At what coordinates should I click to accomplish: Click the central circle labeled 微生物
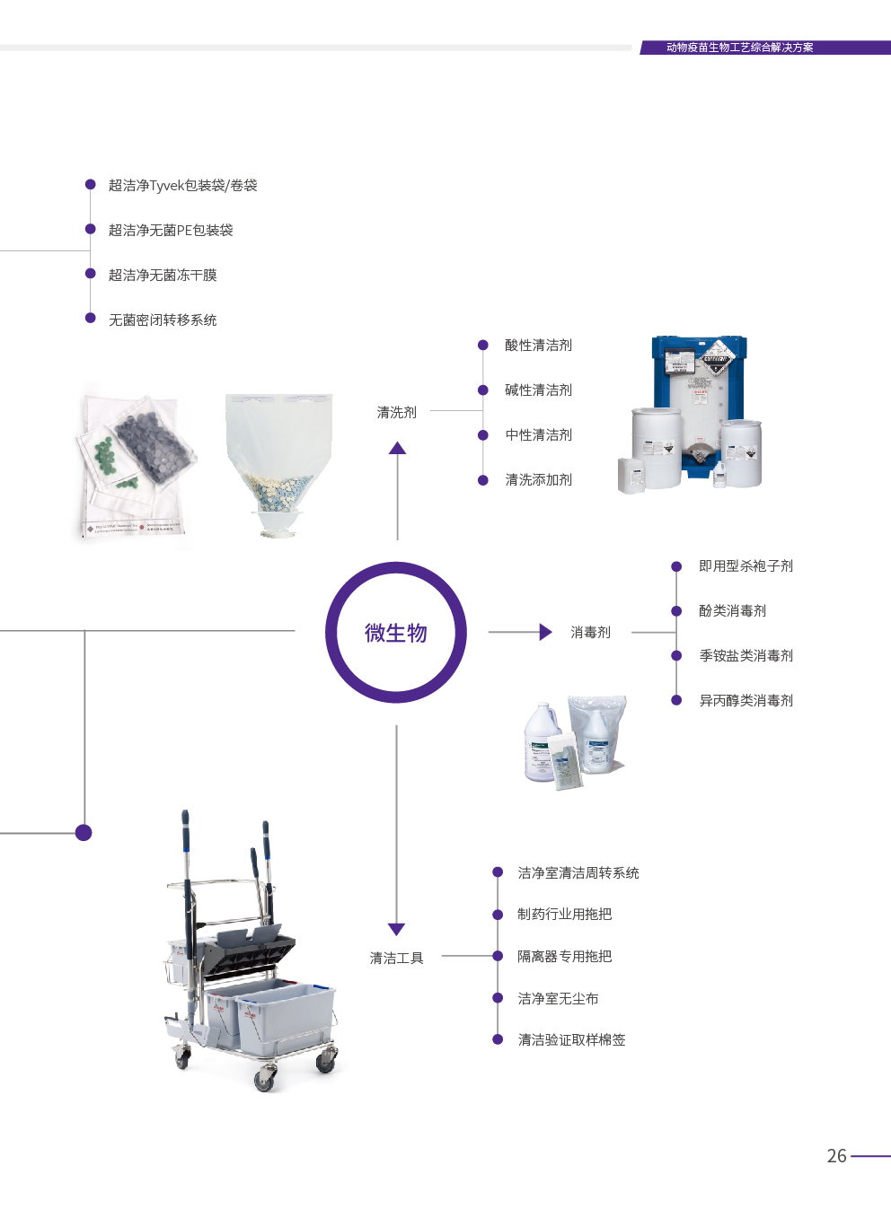[x=396, y=633]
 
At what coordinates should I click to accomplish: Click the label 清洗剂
[x=396, y=413]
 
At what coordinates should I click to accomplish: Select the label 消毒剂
[x=590, y=633]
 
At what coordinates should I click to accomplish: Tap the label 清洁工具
[x=396, y=959]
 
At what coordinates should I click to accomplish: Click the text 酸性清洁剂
[x=538, y=346]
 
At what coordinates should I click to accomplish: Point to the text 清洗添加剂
[x=538, y=480]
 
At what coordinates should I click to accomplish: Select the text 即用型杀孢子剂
[x=745, y=566]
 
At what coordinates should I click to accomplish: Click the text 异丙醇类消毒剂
[x=745, y=701]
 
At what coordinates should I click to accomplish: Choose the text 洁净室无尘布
[x=558, y=999]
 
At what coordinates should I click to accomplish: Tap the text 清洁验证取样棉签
[x=571, y=1040]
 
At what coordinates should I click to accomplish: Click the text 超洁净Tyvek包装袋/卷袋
[x=182, y=186]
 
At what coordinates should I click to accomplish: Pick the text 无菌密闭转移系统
[x=163, y=320]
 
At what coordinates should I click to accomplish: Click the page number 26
[x=836, y=1156]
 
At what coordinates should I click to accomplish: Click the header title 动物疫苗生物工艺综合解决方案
[x=739, y=48]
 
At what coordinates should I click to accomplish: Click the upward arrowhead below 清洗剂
[x=397, y=448]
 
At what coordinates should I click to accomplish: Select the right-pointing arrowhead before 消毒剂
[x=545, y=632]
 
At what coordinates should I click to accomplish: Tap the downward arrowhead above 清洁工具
[x=396, y=929]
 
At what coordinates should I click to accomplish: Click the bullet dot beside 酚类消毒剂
[x=676, y=611]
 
